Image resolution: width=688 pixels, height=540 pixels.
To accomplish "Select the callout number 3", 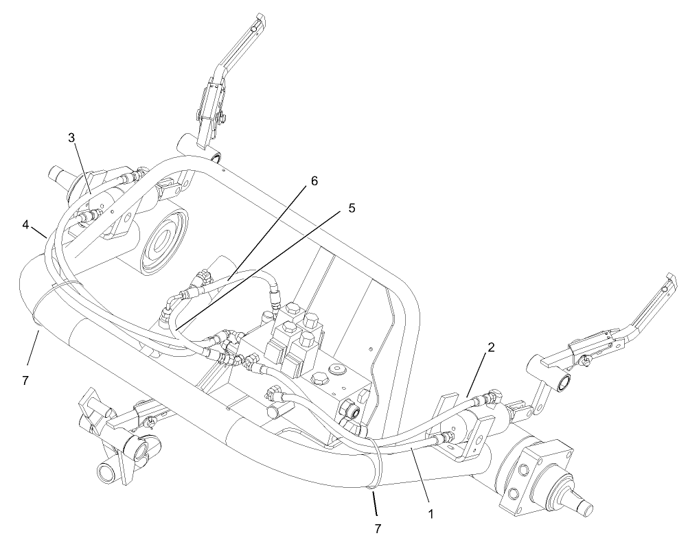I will click(71, 137).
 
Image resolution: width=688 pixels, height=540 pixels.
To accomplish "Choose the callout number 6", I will click(314, 181).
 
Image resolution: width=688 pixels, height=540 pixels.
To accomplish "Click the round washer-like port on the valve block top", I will click(336, 371).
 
